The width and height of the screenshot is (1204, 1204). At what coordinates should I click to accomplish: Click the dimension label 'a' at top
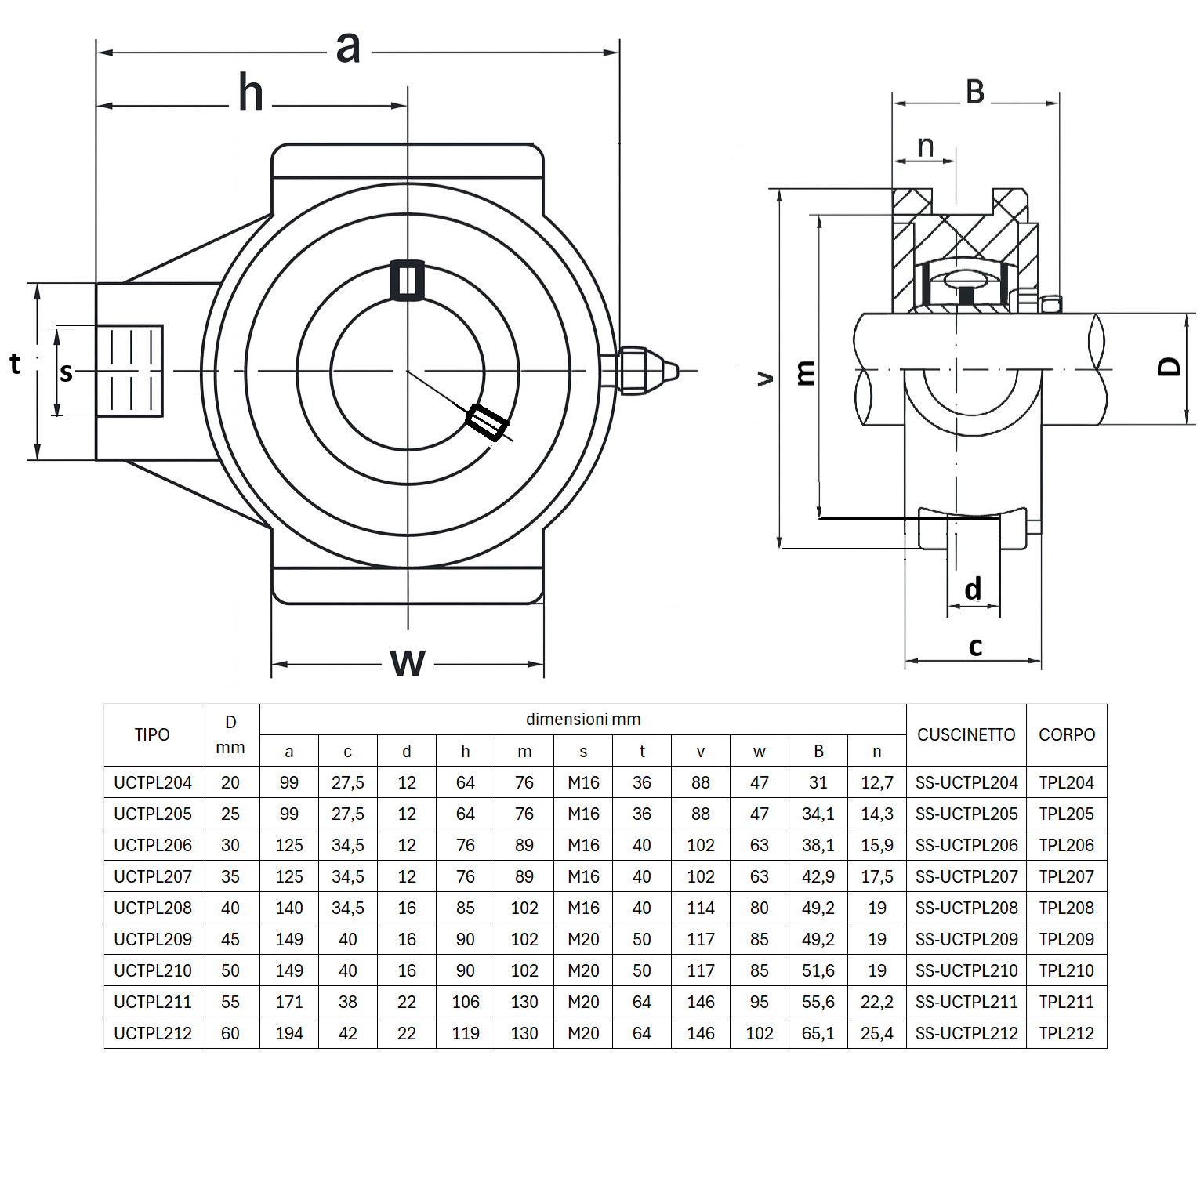click(348, 48)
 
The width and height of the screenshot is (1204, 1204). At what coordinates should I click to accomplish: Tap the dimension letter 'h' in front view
click(251, 93)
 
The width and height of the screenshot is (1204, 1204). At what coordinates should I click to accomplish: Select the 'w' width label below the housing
click(408, 663)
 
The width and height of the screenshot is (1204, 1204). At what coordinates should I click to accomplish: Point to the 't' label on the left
click(15, 364)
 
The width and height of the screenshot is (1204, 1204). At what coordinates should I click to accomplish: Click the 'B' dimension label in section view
click(975, 92)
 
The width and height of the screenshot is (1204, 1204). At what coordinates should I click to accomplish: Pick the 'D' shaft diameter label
click(1169, 367)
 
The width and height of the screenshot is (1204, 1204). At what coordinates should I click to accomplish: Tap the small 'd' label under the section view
click(973, 589)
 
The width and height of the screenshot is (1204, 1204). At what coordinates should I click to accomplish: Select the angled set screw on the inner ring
click(487, 422)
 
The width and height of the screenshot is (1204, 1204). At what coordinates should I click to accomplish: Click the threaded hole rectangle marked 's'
click(129, 371)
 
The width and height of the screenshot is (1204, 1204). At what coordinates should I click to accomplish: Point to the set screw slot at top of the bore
click(408, 280)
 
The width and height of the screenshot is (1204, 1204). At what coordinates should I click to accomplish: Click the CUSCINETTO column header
click(966, 734)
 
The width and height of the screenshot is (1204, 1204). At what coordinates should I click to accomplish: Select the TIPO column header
click(152, 734)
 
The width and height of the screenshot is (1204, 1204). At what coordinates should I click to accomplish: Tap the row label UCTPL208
click(153, 908)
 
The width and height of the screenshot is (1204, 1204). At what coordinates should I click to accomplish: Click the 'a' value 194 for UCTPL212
click(289, 1033)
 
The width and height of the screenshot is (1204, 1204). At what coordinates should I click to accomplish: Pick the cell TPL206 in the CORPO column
click(1066, 845)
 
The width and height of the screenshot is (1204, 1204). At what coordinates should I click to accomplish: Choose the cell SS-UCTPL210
click(966, 970)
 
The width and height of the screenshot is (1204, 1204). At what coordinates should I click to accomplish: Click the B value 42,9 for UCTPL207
click(818, 876)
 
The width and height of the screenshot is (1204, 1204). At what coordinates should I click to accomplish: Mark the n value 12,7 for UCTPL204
click(876, 782)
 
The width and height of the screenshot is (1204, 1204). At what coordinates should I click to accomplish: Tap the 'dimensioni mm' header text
click(583, 719)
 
